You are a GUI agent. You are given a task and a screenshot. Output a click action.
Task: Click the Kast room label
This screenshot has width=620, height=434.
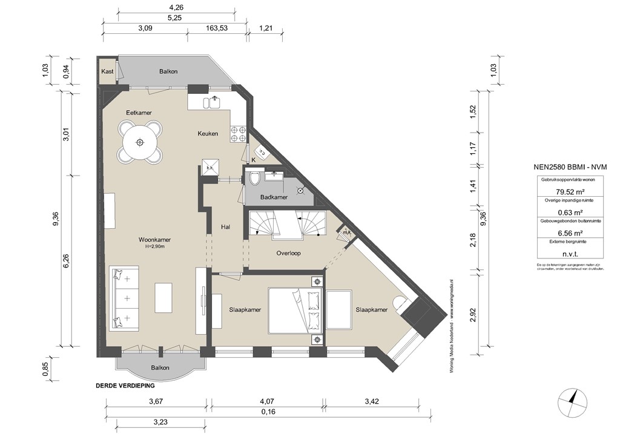point(108,71)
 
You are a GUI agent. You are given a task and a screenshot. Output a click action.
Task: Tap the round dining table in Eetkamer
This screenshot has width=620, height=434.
point(140,142)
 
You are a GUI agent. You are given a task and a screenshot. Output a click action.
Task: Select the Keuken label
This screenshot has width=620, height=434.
point(208,134)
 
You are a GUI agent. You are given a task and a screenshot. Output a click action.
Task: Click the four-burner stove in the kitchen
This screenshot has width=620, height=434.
point(237,134)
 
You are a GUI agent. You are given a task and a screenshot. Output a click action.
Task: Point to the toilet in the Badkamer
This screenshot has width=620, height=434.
point(254,179)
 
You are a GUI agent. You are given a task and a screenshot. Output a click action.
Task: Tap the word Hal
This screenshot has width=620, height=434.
point(226,227)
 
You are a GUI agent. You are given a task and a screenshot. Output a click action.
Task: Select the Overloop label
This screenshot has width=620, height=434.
point(288,253)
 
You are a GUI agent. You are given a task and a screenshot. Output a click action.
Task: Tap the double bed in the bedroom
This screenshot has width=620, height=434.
point(297,310)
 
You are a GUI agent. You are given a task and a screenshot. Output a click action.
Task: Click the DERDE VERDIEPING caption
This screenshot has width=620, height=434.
point(125,386)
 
